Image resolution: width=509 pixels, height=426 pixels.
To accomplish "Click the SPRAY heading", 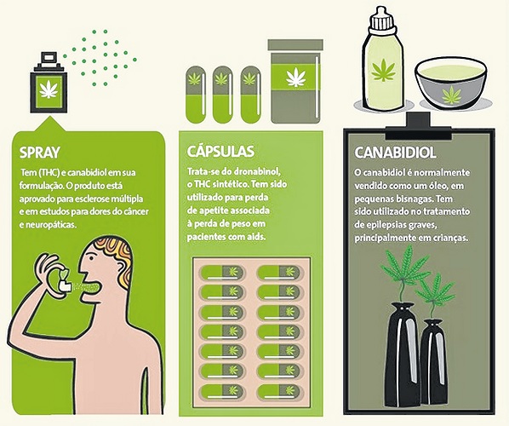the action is click(40, 153).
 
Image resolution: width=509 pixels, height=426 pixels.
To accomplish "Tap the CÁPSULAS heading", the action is click(220, 152).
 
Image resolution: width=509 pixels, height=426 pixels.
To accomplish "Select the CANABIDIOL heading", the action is click(395, 153).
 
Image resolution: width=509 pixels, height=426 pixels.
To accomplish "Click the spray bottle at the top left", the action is click(49, 83).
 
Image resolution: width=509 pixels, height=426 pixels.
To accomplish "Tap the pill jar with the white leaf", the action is click(295, 82).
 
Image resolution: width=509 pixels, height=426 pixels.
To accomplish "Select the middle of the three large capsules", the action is click(222, 95).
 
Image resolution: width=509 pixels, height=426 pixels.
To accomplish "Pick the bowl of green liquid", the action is click(451, 83).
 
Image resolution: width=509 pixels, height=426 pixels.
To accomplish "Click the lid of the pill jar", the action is click(295, 45).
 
